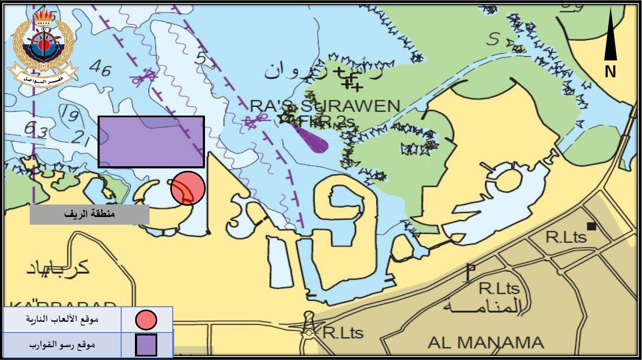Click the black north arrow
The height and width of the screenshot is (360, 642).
pos(610,37)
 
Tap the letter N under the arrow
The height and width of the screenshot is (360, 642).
pos(610,72)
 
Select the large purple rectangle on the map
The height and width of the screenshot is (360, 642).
pos(151,142)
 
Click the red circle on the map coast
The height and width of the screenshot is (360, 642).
pos(188,188)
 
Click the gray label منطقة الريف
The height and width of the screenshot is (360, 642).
pos(89,214)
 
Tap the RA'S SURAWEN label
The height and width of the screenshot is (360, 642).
pos(325,106)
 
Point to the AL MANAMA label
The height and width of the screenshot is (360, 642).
pos(486,343)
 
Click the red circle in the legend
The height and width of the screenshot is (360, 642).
pos(146,320)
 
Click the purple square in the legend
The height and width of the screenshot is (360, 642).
pos(146,345)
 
